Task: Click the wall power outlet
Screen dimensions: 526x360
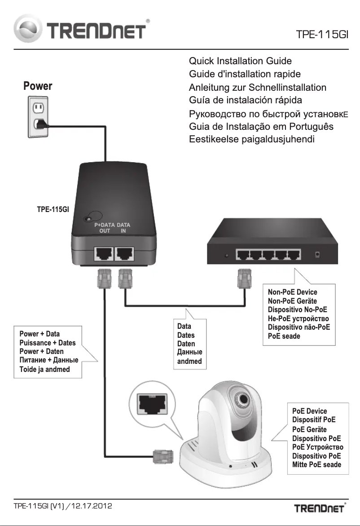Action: coord(38,118)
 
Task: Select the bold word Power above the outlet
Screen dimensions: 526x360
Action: coord(38,86)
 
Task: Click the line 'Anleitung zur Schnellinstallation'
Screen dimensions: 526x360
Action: coord(257,87)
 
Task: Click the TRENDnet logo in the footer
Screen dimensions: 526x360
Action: coord(319,508)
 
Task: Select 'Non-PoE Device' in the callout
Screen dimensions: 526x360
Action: coord(292,292)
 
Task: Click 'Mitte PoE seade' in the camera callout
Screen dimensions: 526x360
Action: coord(316,464)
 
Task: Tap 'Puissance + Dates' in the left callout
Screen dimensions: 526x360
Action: coord(48,343)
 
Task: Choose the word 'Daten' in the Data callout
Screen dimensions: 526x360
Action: coord(186,344)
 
